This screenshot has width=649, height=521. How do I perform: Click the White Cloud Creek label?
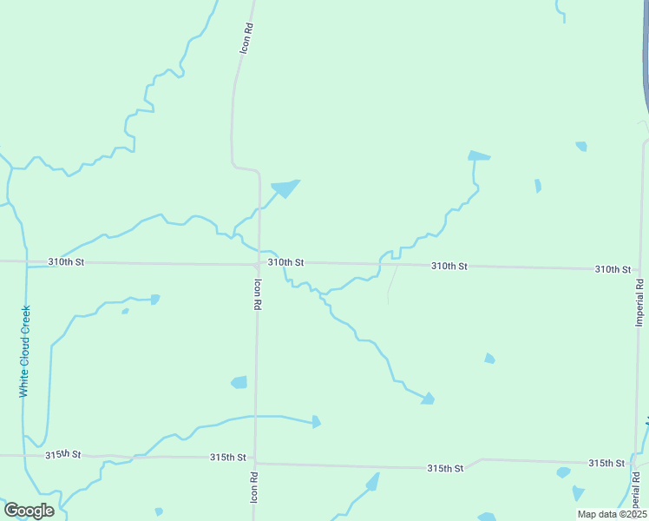24,352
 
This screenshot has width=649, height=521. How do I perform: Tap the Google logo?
29,511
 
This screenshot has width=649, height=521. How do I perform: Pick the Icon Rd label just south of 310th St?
258,295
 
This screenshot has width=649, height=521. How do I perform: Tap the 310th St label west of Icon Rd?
67,261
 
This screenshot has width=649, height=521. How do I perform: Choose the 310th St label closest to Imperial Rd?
613,269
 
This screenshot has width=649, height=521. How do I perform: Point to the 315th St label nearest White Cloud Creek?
63,454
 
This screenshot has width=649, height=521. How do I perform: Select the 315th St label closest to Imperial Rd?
606,464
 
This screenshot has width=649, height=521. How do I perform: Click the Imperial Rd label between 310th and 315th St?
639,302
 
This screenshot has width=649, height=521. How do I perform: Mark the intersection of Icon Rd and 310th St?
259,263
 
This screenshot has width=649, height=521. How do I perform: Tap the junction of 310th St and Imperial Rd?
641,269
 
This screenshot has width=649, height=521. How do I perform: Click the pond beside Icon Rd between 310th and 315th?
239,382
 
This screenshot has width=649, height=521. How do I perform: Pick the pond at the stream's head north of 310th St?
478,156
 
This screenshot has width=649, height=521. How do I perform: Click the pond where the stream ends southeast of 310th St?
427,399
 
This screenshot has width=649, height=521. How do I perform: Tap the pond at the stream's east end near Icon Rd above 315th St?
316,422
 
